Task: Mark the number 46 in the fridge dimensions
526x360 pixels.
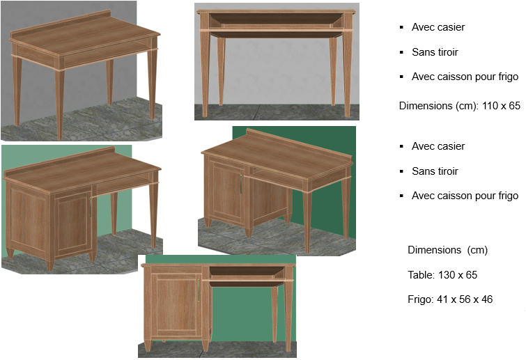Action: pyautogui.click(x=487, y=299)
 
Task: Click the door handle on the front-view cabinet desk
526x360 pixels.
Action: pyautogui.click(x=199, y=290)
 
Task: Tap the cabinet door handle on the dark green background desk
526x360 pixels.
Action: pyautogui.click(x=241, y=184)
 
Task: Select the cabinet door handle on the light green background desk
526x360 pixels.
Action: pyautogui.click(x=90, y=208)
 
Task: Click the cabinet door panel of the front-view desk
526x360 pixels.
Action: pyautogui.click(x=176, y=305)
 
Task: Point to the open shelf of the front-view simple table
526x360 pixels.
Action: pyautogui.click(x=277, y=20)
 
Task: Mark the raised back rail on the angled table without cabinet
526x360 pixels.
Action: pyautogui.click(x=61, y=24)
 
